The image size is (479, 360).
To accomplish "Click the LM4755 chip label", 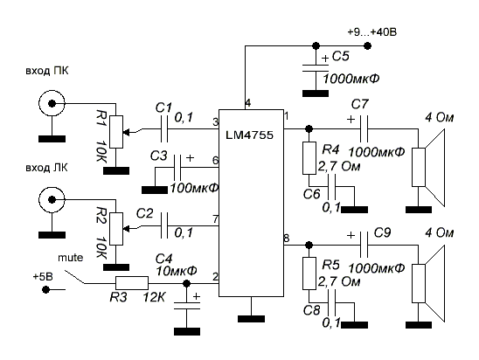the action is click(x=250, y=135).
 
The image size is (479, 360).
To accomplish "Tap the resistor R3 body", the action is click(x=132, y=283).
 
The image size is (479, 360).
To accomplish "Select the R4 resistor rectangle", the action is click(x=309, y=158).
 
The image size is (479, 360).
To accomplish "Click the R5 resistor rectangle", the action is click(x=309, y=273).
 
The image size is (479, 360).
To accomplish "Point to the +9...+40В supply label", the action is click(x=372, y=32).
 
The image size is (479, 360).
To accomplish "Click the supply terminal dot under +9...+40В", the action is click(x=368, y=46).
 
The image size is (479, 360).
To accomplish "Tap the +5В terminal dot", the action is click(x=45, y=289).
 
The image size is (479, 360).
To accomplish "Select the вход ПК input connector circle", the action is click(x=52, y=103).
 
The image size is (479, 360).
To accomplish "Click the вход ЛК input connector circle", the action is click(x=52, y=200).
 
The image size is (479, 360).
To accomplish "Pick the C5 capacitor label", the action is click(x=340, y=56).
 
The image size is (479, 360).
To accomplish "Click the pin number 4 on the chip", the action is click(x=248, y=103).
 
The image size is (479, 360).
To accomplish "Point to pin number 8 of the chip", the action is click(x=287, y=239).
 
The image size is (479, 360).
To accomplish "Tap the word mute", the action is click(x=71, y=258).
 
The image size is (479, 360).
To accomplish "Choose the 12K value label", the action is click(x=154, y=297).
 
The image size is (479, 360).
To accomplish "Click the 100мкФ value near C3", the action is click(x=194, y=188).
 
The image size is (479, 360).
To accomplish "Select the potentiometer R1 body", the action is click(x=116, y=132).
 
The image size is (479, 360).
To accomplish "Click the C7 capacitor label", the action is click(x=360, y=105).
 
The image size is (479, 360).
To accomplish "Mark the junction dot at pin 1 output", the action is click(x=309, y=128).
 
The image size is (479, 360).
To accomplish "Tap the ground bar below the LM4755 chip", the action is click(x=251, y=319).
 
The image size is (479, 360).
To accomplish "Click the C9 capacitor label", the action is click(x=382, y=233).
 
